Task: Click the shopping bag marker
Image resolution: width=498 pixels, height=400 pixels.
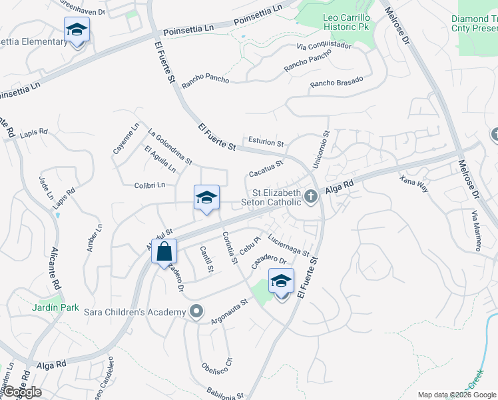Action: (164, 253)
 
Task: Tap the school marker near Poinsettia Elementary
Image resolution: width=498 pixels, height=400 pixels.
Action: (77, 30)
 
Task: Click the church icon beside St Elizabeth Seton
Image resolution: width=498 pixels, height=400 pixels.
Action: (310, 196)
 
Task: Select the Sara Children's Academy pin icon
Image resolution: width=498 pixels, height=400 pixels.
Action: (196, 311)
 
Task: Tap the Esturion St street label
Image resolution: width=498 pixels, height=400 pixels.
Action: (266, 143)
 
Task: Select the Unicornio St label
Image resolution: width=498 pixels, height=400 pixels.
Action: (322, 149)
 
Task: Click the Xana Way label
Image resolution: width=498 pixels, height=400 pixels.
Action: (413, 183)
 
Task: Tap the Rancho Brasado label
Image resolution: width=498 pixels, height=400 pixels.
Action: (337, 83)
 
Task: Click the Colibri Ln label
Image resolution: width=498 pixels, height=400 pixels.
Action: (149, 185)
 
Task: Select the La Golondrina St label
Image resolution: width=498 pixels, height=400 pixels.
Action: (170, 146)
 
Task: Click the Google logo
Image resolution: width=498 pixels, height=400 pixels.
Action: (22, 392)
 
